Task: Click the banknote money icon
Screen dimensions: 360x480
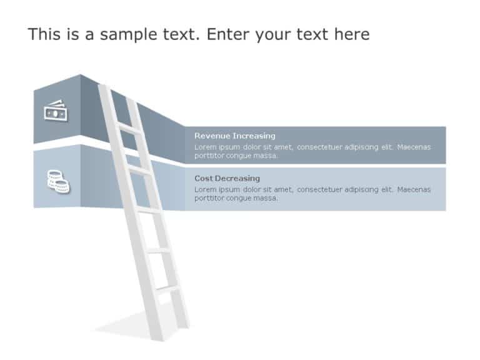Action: click(x=56, y=111)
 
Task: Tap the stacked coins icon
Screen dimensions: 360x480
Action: click(x=58, y=181)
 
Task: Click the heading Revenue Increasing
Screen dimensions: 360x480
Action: click(x=234, y=136)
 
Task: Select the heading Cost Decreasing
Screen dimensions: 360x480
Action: click(x=227, y=178)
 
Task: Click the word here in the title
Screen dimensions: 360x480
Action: click(x=351, y=34)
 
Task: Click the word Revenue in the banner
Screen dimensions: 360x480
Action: click(x=212, y=136)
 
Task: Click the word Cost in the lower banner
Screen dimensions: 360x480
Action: click(x=203, y=178)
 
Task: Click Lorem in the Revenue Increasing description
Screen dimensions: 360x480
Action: click(x=205, y=147)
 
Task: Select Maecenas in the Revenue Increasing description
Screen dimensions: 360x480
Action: click(x=414, y=147)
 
